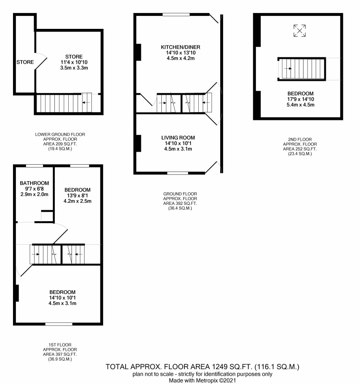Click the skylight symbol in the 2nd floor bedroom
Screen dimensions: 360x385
(x=299, y=30)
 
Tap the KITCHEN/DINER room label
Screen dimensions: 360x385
(x=180, y=47)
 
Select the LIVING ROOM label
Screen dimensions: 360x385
(x=178, y=137)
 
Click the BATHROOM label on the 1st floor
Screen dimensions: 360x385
(x=35, y=183)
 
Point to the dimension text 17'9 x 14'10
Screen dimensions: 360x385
(x=301, y=99)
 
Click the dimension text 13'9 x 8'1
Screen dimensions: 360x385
(x=78, y=196)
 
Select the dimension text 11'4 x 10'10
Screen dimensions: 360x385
(x=74, y=62)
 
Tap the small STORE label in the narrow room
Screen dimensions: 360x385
(x=25, y=62)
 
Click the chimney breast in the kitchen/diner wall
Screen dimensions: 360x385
(x=139, y=52)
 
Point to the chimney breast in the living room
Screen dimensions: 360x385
(x=139, y=144)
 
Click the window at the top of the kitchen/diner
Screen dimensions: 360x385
(x=176, y=15)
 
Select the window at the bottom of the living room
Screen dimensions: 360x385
(x=178, y=173)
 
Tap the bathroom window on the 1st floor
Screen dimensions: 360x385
(x=35, y=166)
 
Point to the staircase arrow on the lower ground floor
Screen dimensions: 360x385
(x=86, y=102)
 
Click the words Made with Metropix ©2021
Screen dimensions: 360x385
(x=202, y=381)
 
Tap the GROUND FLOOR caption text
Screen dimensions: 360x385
(x=180, y=194)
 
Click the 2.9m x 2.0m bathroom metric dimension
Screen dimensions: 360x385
(x=35, y=194)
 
